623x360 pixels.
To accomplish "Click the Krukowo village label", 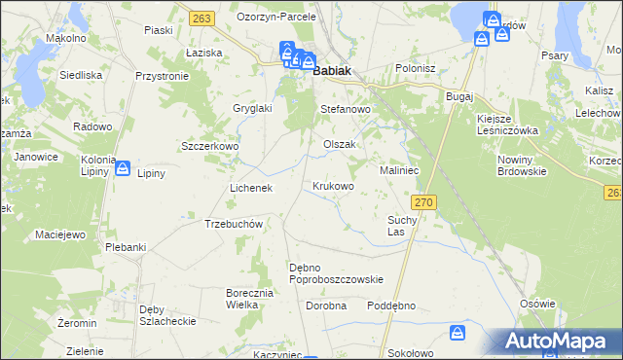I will pos(333,185).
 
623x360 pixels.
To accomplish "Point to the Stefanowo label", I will pos(347,110).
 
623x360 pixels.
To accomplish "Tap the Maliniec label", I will pos(399,170).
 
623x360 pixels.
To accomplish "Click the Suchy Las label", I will pos(402,227).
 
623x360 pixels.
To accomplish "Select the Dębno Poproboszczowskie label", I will pos(337,273).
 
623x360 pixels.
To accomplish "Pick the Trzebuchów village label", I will pos(235,224).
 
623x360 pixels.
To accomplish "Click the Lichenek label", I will pos(250,187).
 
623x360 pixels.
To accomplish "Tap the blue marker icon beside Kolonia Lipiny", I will pos(123,169).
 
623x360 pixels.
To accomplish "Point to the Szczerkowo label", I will pos(210,146).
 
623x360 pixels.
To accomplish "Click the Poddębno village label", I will pos(391,306).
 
